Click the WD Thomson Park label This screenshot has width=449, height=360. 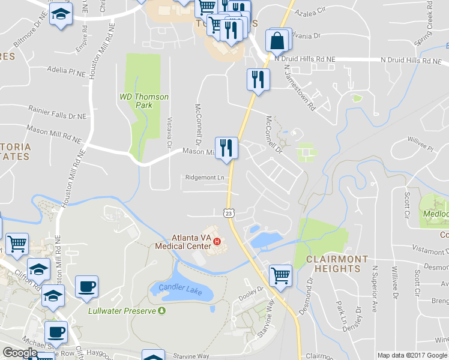tap(144, 101)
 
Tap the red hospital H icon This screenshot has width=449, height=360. tap(217, 242)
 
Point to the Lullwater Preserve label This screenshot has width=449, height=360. tap(121, 311)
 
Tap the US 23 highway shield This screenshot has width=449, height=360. tap(229, 213)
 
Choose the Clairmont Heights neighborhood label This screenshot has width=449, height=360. tap(337, 263)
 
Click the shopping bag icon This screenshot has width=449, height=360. tap(278, 41)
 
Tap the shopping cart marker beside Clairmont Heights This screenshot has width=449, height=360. tap(280, 276)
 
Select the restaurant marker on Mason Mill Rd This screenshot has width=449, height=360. tap(227, 148)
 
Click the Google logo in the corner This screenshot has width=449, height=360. tap(20, 353)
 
